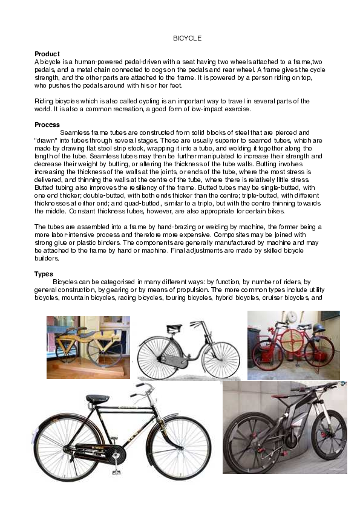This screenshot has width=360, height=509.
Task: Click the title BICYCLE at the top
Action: [187, 38]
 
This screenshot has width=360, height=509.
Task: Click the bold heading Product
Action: [47, 54]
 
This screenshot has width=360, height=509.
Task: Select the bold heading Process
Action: [47, 125]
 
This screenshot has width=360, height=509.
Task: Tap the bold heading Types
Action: [44, 274]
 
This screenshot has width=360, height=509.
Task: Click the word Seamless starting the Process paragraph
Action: [75, 132]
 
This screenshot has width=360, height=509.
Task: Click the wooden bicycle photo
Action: [88, 347]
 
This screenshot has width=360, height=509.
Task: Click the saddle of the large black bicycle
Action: [98, 399]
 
